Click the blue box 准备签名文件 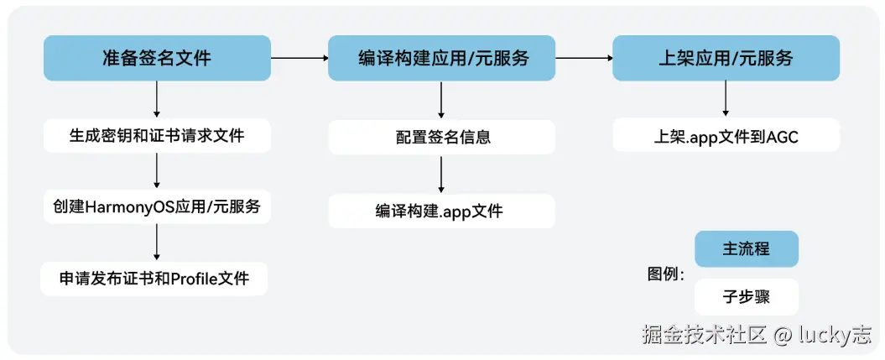pos(157,58)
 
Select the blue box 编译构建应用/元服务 pos(441,58)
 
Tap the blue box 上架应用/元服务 pos(725,58)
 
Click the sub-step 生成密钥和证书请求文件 pos(157,134)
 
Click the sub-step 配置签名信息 pos(441,137)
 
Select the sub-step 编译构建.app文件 pos(441,211)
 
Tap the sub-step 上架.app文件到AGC pos(725,134)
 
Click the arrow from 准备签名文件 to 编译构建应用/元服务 pos(299,58)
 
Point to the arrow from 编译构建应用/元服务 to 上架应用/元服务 pos(584,58)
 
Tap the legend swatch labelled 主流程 pos(746,249)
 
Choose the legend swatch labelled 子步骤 pos(746,296)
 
